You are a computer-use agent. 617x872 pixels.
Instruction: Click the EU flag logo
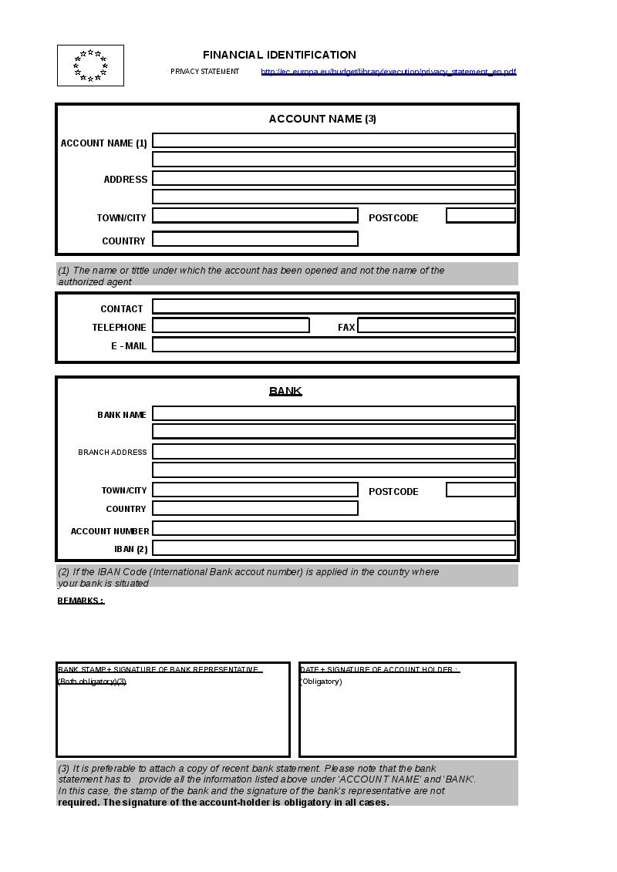[x=90, y=66]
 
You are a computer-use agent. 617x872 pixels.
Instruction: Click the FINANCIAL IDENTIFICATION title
[x=279, y=55]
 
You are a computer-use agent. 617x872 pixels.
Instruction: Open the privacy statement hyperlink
[x=389, y=72]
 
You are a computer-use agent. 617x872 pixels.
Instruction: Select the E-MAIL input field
[x=333, y=345]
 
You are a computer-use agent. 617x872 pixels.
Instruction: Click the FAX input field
[x=436, y=325]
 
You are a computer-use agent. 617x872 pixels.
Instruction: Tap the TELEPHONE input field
[x=231, y=325]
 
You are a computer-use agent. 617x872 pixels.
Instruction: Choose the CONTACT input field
[x=333, y=306]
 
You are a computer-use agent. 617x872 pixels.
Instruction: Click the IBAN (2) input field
[x=333, y=548]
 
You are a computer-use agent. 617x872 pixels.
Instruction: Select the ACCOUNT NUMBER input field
[x=333, y=528]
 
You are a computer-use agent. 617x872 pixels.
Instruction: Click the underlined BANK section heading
[x=285, y=391]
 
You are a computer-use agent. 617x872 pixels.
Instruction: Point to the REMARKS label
[x=80, y=601]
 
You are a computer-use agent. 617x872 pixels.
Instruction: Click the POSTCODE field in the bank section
[x=480, y=490]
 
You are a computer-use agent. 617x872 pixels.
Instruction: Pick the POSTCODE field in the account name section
[x=480, y=216]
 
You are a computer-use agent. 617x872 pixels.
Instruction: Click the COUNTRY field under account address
[x=255, y=239]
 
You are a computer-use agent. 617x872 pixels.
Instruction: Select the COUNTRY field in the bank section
[x=255, y=508]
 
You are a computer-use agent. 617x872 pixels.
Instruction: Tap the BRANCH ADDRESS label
[x=113, y=453]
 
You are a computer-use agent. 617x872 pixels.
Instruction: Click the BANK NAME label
[x=122, y=415]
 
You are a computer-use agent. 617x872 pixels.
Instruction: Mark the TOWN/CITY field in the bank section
[x=255, y=490]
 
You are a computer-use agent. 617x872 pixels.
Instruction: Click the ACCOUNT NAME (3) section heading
[x=322, y=119]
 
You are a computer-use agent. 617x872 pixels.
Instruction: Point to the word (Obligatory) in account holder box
[x=321, y=682]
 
